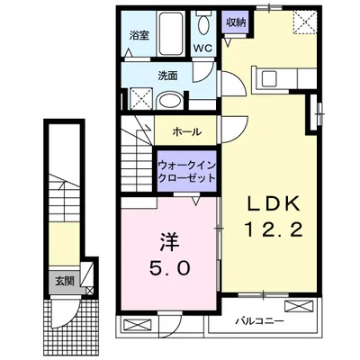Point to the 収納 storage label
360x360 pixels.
[x=235, y=22]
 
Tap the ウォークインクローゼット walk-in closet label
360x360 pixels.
[x=186, y=172]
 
